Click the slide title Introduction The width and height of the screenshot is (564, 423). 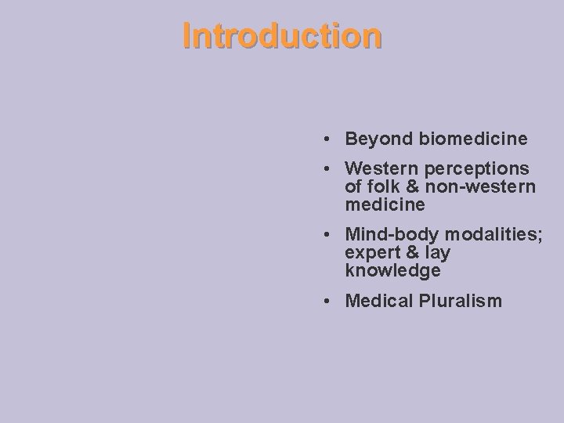pyautogui.click(x=282, y=36)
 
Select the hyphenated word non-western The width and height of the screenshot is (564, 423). pyautogui.click(x=482, y=187)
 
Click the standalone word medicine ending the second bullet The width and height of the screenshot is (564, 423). pyautogui.click(x=385, y=205)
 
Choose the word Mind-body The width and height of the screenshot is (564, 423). pyautogui.click(x=392, y=235)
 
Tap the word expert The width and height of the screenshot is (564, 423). pyautogui.click(x=372, y=253)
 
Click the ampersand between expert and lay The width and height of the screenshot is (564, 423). pyautogui.click(x=413, y=253)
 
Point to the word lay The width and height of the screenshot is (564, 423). pyautogui.click(x=438, y=253)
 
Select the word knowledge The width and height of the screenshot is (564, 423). pyautogui.click(x=392, y=271)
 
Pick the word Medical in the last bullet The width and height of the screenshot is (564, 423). pyautogui.click(x=380, y=301)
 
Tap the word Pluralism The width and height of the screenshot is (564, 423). pyautogui.click(x=461, y=301)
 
